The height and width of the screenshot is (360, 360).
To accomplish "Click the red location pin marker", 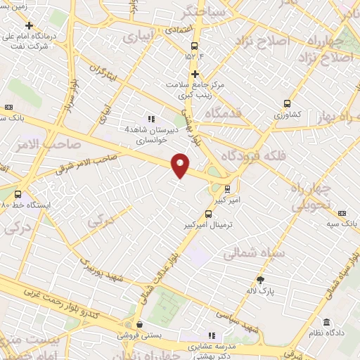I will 181,165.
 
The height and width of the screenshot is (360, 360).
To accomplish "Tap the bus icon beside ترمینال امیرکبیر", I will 209,214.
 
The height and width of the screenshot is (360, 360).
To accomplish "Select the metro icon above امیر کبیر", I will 227,188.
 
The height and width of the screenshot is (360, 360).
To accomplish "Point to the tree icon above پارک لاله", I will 261,279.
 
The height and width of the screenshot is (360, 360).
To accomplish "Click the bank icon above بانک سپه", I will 342,213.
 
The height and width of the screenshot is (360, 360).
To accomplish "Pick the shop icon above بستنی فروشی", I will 141,325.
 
